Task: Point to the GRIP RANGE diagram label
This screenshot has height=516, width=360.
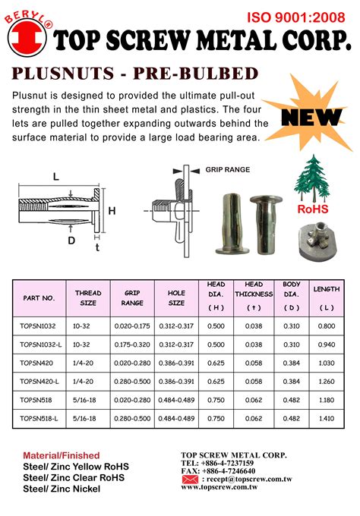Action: coord(226,171)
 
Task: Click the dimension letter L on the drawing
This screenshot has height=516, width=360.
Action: coord(55,177)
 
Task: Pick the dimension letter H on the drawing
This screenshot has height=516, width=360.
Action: coord(112,211)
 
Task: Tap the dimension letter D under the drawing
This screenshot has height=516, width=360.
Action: coord(71,241)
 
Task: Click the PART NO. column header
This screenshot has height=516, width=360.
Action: coord(39,298)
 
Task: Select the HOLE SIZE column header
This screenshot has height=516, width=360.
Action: coord(176,297)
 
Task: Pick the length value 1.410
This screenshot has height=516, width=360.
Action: coord(326,418)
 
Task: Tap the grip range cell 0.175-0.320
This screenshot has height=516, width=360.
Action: coord(132,343)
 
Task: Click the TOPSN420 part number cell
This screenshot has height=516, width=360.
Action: coord(36,362)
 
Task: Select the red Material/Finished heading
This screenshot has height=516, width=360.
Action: coord(61,455)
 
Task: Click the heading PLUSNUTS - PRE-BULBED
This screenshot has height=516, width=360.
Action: coord(135,74)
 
